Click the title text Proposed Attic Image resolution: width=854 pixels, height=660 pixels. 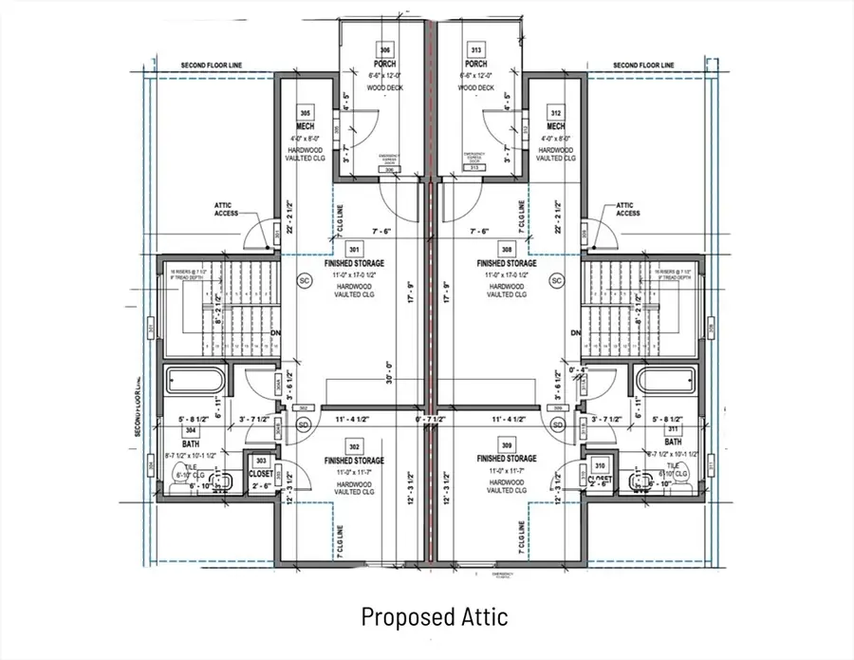(x=434, y=616)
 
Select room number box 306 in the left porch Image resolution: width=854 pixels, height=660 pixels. (x=385, y=49)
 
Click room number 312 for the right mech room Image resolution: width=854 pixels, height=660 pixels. (x=556, y=112)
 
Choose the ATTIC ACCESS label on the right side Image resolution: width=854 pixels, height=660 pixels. (x=627, y=209)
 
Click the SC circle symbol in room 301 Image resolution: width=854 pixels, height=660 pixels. (x=306, y=281)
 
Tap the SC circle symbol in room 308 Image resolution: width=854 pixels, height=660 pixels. (x=557, y=281)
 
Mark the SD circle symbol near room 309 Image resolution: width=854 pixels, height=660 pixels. (x=557, y=424)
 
